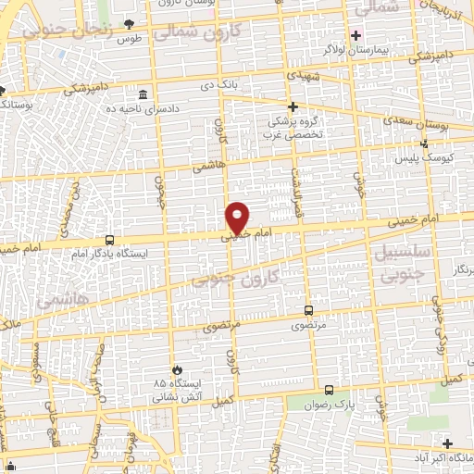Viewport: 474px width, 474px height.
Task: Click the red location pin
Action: pyautogui.click(x=238, y=216)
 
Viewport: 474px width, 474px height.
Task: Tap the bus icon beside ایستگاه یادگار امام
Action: pyautogui.click(x=110, y=240)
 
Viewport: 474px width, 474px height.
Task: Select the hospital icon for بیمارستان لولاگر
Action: pyautogui.click(x=356, y=35)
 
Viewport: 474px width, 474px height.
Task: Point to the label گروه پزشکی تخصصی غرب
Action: pyautogui.click(x=293, y=126)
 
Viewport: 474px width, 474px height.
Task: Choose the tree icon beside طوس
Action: pyautogui.click(x=128, y=24)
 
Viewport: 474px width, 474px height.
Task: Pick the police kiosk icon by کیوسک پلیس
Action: pyautogui.click(x=424, y=143)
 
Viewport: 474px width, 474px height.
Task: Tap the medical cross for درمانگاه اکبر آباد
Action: pyautogui.click(x=447, y=443)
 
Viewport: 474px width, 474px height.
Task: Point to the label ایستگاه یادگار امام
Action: pyautogui.click(x=109, y=253)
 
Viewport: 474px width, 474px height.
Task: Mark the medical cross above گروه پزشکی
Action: pyautogui.click(x=293, y=107)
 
